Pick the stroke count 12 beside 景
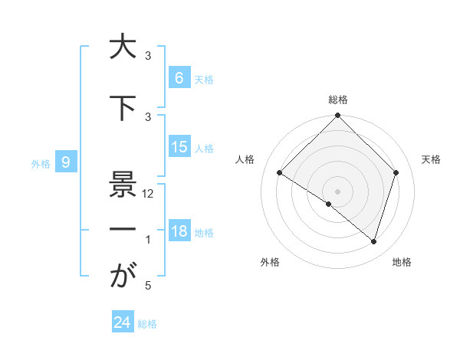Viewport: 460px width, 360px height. (x=148, y=194)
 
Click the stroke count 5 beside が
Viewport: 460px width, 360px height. (x=148, y=286)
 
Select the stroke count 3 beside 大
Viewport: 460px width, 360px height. (x=148, y=56)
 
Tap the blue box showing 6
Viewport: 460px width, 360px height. (x=179, y=77)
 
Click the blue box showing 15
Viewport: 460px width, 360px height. (x=179, y=147)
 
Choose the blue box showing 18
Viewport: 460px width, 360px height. (x=179, y=231)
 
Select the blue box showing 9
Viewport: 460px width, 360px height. (x=67, y=162)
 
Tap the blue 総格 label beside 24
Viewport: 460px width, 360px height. (x=147, y=324)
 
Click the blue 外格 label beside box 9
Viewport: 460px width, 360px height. (x=41, y=163)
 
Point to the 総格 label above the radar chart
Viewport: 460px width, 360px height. (x=337, y=100)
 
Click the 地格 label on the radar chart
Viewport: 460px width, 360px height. (x=402, y=263)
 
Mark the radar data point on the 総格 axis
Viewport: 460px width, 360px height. (x=337, y=116)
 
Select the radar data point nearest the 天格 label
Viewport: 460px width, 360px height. (x=396, y=172)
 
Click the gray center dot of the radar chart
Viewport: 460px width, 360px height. (x=337, y=191)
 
